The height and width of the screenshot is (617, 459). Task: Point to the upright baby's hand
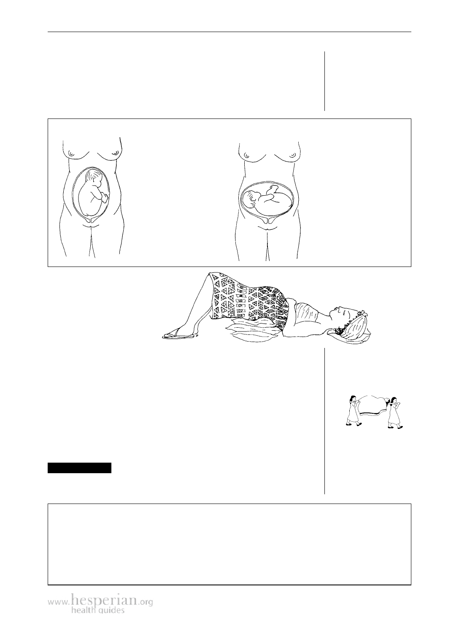[105, 197]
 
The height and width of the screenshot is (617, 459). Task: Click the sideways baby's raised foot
[272, 189]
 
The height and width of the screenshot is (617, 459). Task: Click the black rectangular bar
[80, 468]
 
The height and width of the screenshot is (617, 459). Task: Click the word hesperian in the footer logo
[105, 600]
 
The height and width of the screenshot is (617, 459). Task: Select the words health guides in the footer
[98, 610]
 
